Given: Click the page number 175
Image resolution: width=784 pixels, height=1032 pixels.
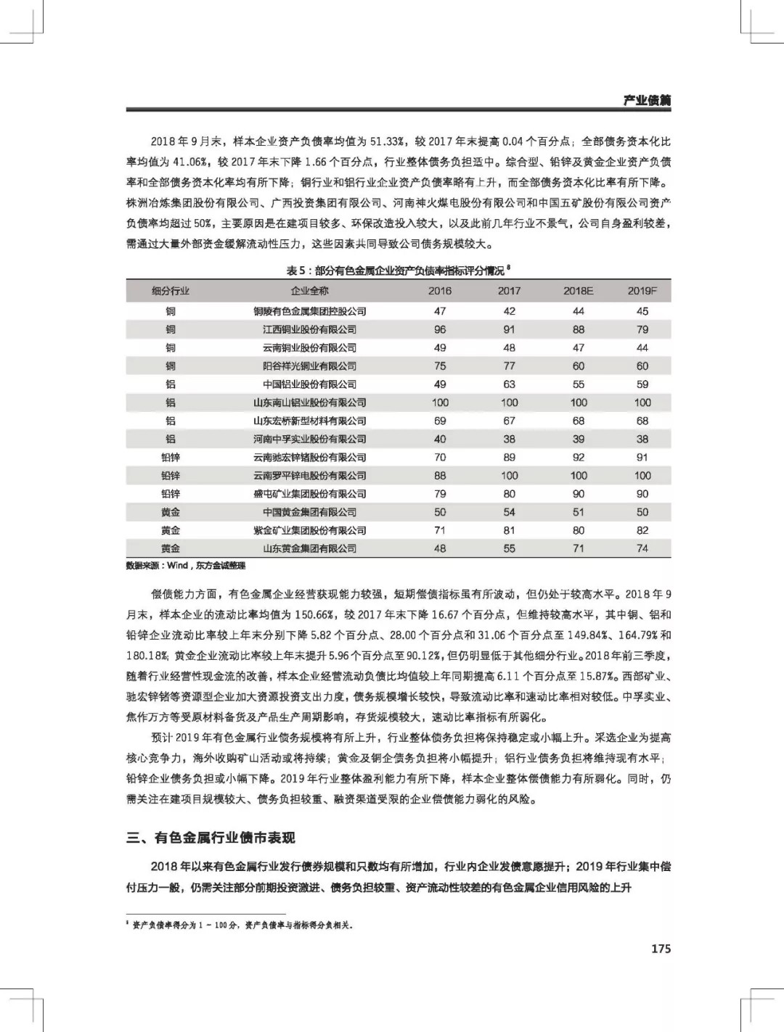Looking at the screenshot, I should [x=661, y=949].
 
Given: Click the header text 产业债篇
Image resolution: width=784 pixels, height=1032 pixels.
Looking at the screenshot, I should [x=647, y=100].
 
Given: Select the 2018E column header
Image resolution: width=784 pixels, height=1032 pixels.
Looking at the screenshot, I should [x=578, y=291].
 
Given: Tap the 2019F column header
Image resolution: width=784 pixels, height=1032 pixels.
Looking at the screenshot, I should [x=642, y=291].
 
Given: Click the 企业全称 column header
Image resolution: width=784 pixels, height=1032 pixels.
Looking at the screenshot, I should [x=309, y=291].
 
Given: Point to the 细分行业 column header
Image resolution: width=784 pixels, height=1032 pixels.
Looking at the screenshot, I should [x=171, y=291].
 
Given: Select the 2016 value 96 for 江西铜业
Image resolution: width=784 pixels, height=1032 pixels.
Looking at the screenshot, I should [x=440, y=329].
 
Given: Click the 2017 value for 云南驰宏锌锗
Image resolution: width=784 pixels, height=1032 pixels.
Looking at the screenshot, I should [x=509, y=458].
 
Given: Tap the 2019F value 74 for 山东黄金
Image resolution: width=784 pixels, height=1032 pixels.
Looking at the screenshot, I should [x=642, y=548].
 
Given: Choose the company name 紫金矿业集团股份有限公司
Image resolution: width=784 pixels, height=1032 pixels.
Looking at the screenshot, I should [x=309, y=530].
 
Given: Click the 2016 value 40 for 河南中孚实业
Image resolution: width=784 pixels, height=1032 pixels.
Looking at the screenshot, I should [x=440, y=439].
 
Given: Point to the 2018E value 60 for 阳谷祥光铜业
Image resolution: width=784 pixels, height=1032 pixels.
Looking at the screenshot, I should [x=578, y=366].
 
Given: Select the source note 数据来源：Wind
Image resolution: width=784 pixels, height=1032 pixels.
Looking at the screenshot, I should [x=186, y=566].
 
